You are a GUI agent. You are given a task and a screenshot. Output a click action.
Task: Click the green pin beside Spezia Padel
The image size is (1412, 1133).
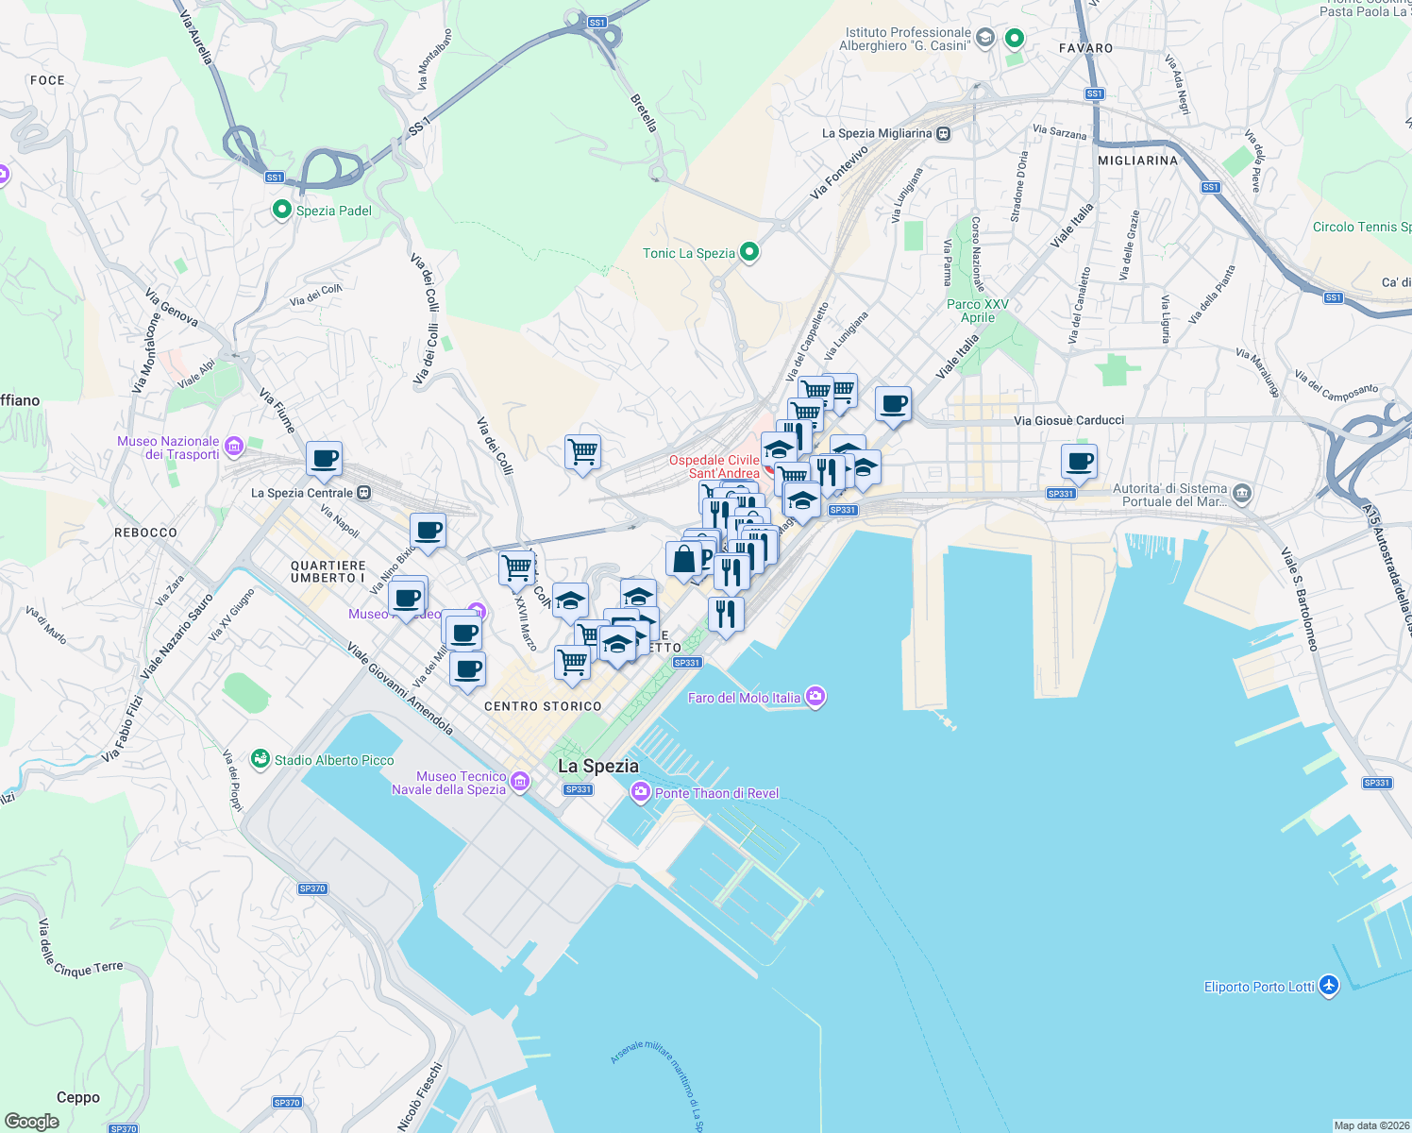(281, 210)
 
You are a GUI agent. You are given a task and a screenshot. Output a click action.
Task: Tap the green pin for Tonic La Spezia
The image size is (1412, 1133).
(749, 252)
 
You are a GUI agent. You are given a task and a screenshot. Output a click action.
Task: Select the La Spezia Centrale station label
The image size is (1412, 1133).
(302, 493)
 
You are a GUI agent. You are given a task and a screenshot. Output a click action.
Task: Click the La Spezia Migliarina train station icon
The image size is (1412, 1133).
(943, 133)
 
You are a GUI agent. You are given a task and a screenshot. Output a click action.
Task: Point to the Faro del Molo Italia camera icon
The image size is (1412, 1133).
(816, 698)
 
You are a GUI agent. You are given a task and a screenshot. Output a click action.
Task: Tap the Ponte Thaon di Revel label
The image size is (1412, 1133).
(716, 793)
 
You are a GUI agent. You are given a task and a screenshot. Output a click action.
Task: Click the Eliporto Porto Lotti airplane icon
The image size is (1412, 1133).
(1329, 986)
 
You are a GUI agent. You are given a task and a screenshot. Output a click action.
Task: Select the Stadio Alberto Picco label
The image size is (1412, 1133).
(334, 760)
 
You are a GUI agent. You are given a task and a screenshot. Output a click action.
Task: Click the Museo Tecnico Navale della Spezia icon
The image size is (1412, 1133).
(519, 781)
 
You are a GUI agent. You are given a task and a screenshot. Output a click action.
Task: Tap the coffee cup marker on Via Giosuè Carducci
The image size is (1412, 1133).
(1079, 462)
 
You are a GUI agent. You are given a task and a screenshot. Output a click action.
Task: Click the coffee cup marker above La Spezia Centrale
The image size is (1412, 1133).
(324, 459)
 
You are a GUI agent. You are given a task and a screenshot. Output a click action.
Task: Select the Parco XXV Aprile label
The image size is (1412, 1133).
(978, 311)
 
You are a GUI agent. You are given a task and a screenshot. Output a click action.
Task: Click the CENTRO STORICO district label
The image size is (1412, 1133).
(543, 706)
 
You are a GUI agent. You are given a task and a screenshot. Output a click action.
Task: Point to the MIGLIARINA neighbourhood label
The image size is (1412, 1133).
(1138, 161)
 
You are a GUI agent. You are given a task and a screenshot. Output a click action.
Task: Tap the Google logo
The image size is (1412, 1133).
(32, 1121)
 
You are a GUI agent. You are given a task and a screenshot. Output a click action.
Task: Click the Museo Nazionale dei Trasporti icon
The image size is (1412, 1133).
(233, 446)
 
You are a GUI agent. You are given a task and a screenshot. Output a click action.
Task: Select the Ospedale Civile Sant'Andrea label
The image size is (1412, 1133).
(714, 466)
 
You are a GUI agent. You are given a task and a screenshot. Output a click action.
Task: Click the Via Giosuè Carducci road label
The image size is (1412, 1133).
(1068, 420)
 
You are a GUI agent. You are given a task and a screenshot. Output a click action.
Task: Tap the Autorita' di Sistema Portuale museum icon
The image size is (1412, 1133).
(1242, 493)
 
